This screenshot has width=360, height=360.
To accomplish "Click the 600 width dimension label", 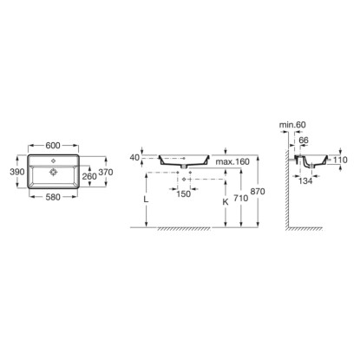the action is pos(53,145).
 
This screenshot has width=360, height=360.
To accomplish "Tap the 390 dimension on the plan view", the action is pos(17,172).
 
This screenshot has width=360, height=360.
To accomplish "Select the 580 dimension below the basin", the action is pos(53,197).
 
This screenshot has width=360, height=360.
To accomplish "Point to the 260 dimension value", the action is pos(89,176).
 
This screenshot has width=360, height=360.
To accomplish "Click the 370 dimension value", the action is pos(106,172).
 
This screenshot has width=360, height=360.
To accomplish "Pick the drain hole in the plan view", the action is pos(53,172).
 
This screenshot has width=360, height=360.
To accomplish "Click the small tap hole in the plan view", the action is pos(53,160).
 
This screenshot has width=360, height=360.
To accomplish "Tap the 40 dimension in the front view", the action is pos(134,158).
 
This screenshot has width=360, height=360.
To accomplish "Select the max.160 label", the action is pos(232,161).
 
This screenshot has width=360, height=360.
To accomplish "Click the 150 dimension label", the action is pos(183,193).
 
